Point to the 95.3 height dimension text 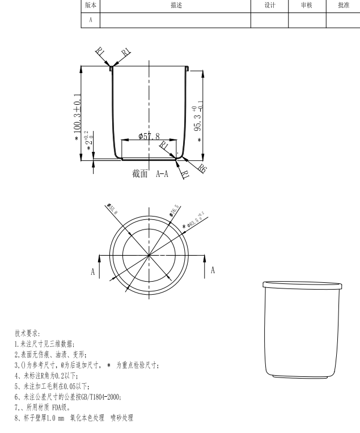197,117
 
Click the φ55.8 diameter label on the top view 112,210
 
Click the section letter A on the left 92,271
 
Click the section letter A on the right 213,270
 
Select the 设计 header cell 269,5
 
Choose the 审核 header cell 307,5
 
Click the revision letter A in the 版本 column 90,19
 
